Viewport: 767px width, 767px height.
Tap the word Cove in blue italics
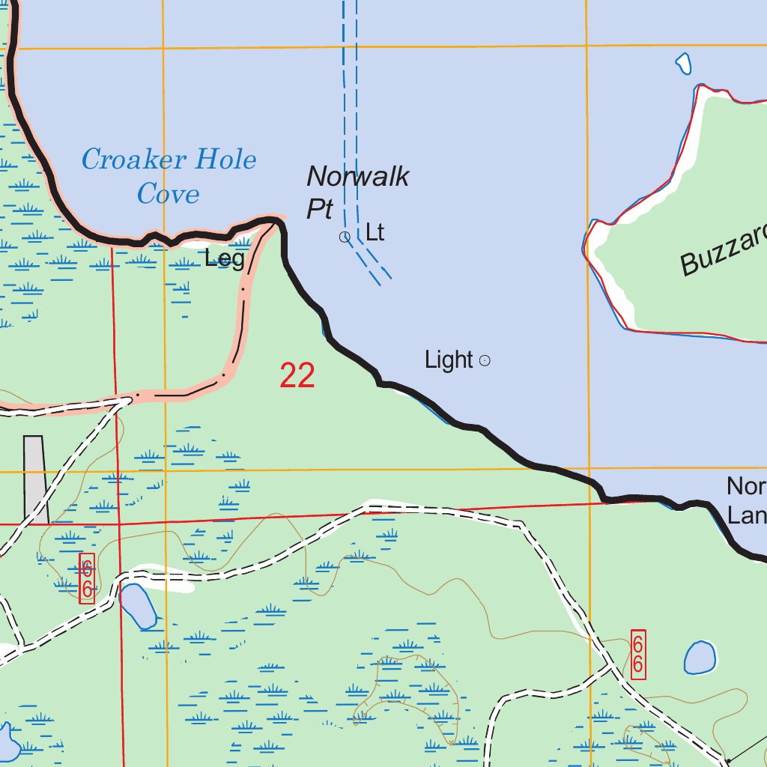click(x=168, y=194)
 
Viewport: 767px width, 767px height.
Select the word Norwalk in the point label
click(x=358, y=177)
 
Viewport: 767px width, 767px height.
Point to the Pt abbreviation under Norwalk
click(x=319, y=210)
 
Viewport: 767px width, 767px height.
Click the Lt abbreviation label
click(x=375, y=233)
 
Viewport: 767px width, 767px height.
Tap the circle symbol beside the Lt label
click(x=345, y=237)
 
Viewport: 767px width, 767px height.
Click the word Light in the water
click(x=449, y=360)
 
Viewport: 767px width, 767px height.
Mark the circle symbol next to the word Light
click(x=485, y=361)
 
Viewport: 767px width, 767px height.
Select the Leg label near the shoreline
click(x=225, y=259)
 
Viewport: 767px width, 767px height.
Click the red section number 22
click(x=297, y=375)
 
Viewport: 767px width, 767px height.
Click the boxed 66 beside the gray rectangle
click(x=87, y=579)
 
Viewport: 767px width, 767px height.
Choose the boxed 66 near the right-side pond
click(x=638, y=655)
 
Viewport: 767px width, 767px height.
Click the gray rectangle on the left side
click(x=35, y=479)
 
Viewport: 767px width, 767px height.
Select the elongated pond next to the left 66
click(x=138, y=606)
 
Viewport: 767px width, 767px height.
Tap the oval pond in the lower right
click(x=700, y=658)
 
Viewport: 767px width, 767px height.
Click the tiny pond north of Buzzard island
click(x=683, y=64)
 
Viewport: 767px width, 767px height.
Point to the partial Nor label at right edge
click(x=746, y=487)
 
